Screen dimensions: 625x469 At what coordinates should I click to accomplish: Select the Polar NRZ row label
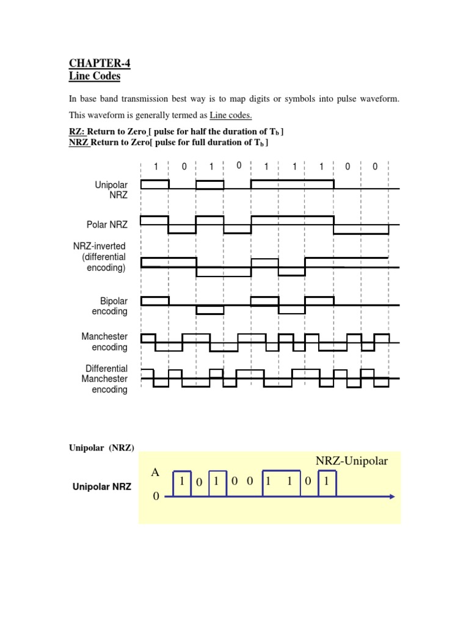pyautogui.click(x=107, y=225)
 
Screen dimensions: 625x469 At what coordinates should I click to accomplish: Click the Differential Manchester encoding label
pyautogui.click(x=106, y=379)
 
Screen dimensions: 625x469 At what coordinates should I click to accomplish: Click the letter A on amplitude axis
pyautogui.click(x=156, y=473)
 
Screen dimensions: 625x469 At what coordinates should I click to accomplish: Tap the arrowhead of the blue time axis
pyautogui.click(x=391, y=496)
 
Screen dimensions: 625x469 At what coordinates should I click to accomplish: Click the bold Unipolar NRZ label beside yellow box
pyautogui.click(x=102, y=487)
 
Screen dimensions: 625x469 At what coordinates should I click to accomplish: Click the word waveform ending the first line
pyautogui.click(x=382, y=99)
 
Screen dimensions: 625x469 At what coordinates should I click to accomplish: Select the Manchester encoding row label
pyautogui.click(x=104, y=342)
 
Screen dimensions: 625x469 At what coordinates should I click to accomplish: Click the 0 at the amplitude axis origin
pyautogui.click(x=156, y=497)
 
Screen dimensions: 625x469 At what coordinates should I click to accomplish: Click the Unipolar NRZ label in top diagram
pyautogui.click(x=111, y=189)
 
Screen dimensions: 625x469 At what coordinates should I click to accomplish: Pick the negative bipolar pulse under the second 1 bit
pyautogui.click(x=209, y=309)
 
